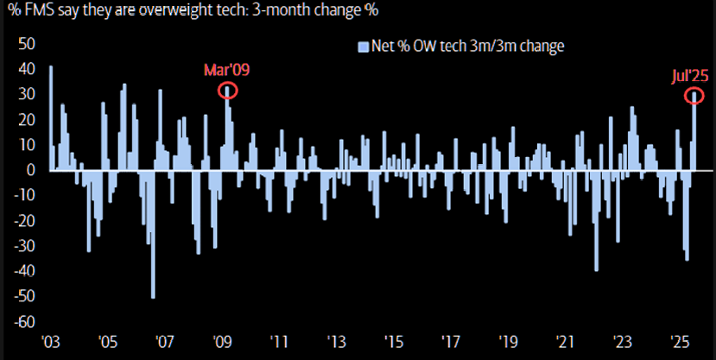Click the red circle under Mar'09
pos(227,89)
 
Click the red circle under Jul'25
pos(694,96)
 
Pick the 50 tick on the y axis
pos(26,43)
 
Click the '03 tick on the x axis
pos(52,342)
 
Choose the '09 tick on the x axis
pos(222,342)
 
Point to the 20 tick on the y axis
pos(26,119)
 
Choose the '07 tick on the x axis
pos(165,342)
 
